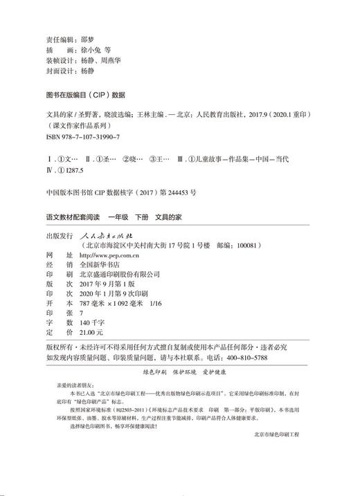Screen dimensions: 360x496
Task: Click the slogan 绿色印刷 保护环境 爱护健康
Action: coord(179,371)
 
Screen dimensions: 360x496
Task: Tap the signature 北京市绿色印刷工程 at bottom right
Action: coord(277,452)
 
